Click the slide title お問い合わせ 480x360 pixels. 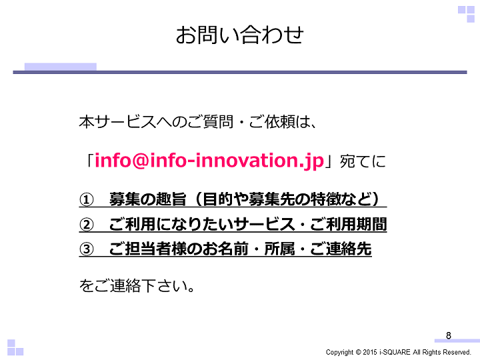click(240, 35)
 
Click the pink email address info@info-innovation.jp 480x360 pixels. click(209, 161)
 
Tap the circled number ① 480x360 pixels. click(86, 200)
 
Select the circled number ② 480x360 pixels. click(86, 225)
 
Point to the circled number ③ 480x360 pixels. click(86, 249)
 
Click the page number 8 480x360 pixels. click(449, 335)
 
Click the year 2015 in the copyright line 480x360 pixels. click(370, 352)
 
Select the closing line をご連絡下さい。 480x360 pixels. click(137, 285)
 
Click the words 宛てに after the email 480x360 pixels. click(363, 161)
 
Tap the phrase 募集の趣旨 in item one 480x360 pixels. click(148, 199)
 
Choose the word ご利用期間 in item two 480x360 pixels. click(349, 224)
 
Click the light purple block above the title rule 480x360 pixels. click(61, 67)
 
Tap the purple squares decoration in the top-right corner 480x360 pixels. click(466, 14)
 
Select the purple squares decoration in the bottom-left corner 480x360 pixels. click(15, 347)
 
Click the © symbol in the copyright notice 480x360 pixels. click(358, 352)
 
